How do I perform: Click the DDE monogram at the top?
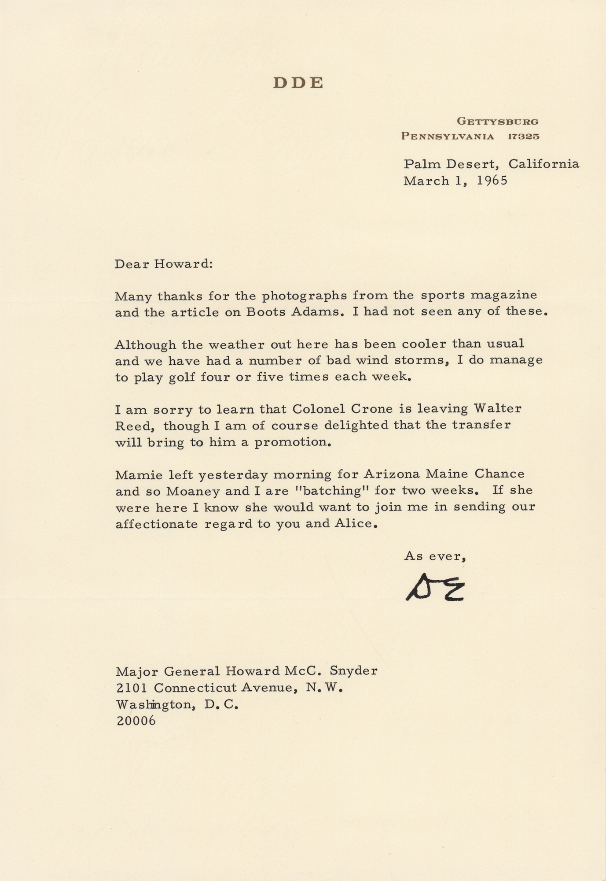298,83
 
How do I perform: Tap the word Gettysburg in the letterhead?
497,121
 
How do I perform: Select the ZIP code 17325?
524,137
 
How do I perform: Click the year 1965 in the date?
492,181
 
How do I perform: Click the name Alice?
357,524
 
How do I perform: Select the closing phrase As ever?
435,556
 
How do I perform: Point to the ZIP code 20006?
136,721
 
